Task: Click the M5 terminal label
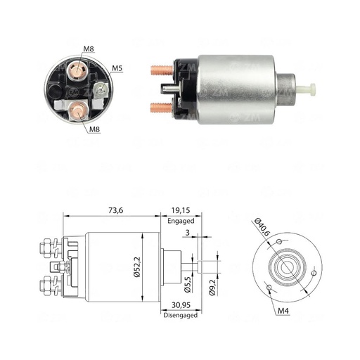[118, 68]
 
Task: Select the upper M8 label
[88, 49]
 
